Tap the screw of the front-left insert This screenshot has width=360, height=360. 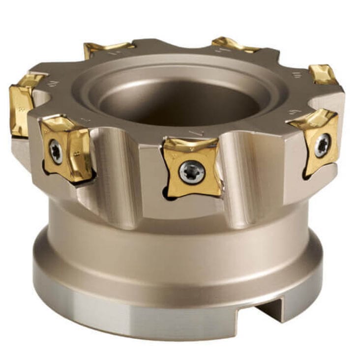coord(56,151)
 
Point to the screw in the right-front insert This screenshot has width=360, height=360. coord(322,146)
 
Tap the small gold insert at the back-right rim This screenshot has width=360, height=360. coord(323,74)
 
